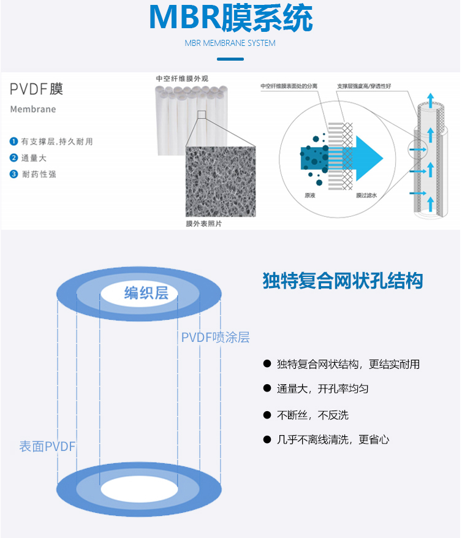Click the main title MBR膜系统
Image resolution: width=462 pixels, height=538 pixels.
[x=230, y=18]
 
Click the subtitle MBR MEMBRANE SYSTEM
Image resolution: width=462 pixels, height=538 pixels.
[x=230, y=44]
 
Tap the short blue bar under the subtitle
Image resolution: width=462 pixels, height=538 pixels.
[x=230, y=59]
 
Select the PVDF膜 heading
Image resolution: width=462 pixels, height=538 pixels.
[x=36, y=89]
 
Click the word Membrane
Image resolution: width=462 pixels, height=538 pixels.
[x=33, y=109]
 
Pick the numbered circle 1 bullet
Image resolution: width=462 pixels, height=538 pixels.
[x=13, y=142]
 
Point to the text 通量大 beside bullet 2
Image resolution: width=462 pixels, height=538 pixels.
[x=34, y=158]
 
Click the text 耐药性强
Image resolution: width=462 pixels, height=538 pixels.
[x=39, y=174]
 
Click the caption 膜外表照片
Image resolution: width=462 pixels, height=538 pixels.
[x=204, y=224]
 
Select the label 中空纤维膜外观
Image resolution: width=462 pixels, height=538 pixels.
[x=182, y=78]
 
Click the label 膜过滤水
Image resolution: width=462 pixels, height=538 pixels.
[x=350, y=196]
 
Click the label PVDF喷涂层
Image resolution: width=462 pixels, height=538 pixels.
[x=215, y=338]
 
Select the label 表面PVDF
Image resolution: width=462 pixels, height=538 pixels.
[x=47, y=446]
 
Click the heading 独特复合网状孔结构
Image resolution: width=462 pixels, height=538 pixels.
[x=342, y=281]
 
